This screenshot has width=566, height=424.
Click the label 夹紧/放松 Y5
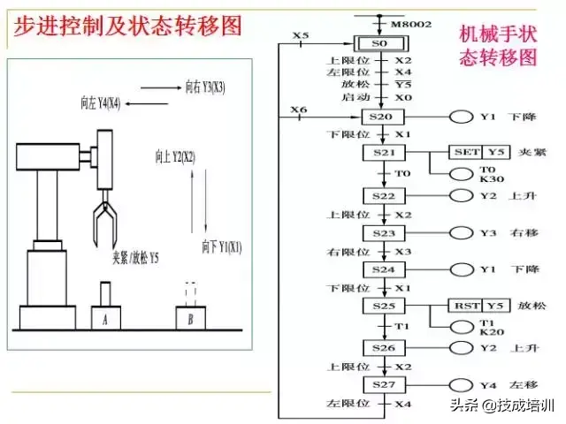tap(135, 258)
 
